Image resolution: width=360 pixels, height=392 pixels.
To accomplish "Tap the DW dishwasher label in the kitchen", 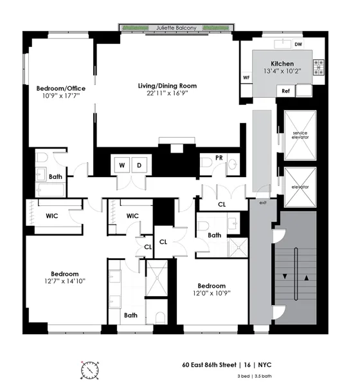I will click(x=298, y=44).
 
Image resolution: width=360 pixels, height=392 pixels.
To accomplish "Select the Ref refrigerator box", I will click(x=286, y=91).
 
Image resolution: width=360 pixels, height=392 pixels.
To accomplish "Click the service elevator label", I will click(x=300, y=135).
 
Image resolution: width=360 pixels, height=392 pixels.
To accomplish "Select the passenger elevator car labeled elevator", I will click(x=300, y=187).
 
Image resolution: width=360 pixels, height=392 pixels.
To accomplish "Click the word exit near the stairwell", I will click(x=262, y=203).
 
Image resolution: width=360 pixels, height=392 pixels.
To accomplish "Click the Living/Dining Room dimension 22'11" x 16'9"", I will click(x=167, y=93).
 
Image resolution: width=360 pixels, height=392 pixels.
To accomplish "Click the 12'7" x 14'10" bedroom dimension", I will click(x=66, y=281).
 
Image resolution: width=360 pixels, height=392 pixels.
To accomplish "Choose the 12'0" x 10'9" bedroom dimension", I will click(x=212, y=294).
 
